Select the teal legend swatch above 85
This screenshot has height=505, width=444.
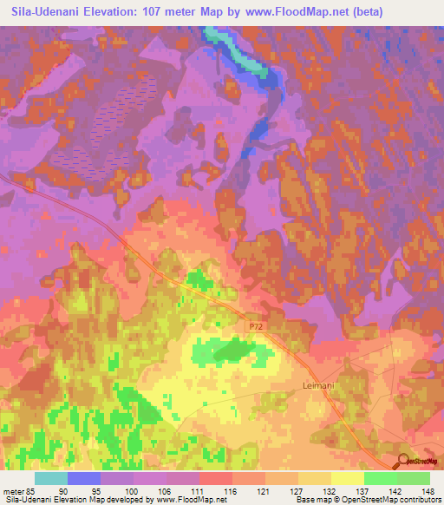[x=51, y=477]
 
